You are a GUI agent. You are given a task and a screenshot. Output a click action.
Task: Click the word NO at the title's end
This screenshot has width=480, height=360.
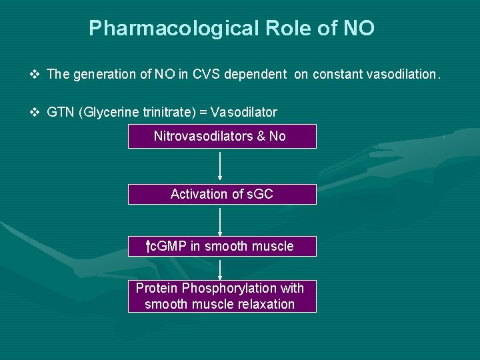[359, 29]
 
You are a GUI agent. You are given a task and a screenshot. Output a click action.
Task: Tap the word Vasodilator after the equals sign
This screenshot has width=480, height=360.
[243, 112]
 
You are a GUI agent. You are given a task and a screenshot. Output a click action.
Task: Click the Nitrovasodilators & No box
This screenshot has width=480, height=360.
[222, 136]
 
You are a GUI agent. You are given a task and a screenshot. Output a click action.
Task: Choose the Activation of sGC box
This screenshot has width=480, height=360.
[222, 194]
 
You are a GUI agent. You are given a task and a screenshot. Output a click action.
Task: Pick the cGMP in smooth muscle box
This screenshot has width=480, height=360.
[222, 246]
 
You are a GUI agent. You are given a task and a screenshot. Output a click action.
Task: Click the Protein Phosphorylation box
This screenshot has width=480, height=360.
[222, 296]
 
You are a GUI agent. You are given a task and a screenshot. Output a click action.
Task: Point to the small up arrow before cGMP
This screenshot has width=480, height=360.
[148, 247]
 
